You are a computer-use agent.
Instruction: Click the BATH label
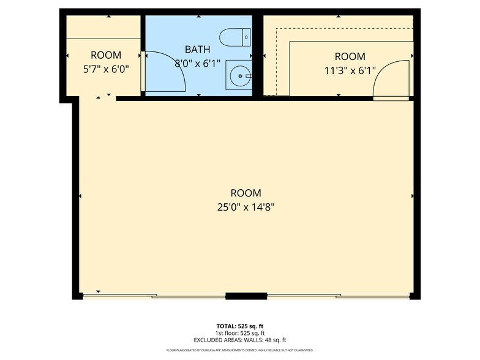pos(198,48)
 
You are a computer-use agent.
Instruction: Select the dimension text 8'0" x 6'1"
pos(198,62)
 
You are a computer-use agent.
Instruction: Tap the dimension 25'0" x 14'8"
pos(246,206)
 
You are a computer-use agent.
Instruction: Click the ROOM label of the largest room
pos(246,192)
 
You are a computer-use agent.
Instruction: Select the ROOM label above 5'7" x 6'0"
pos(105,55)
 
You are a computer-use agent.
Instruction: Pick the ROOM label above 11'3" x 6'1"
pos(350,57)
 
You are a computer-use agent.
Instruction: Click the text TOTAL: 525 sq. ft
pos(240,326)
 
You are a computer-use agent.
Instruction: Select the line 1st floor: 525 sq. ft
pos(240,333)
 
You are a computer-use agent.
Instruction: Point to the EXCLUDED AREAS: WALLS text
pos(240,340)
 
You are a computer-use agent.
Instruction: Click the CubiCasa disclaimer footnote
pos(240,350)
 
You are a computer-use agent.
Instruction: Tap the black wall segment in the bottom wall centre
pos(246,296)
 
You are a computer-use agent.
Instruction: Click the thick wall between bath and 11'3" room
pos(258,55)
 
